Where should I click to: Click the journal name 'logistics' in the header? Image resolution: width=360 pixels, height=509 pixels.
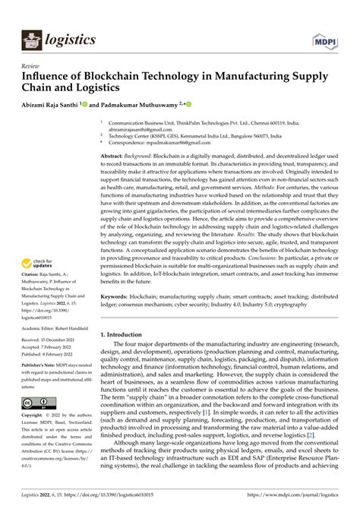[x=70, y=37]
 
